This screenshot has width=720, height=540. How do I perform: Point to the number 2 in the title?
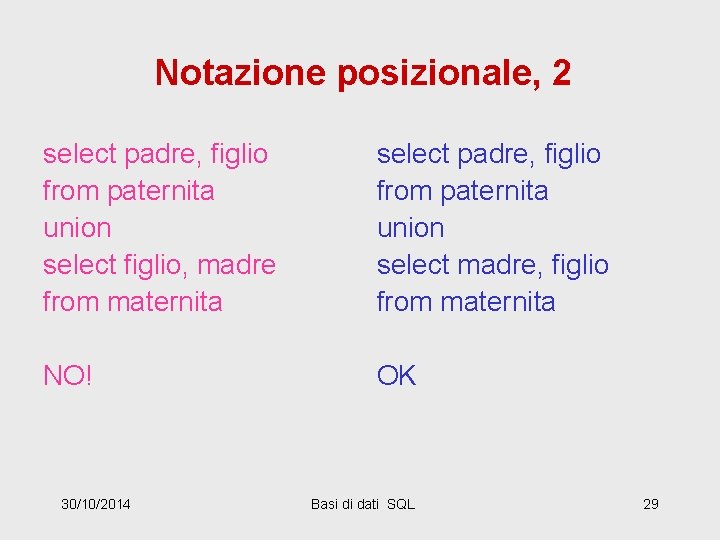click(561, 72)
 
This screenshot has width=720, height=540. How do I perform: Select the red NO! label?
click(67, 375)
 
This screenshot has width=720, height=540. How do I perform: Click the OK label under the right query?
click(396, 375)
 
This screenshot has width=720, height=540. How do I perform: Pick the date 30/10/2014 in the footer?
click(95, 503)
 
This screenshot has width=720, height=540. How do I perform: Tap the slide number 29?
click(650, 503)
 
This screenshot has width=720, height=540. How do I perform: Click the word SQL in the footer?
click(400, 503)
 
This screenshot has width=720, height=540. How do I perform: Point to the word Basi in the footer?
click(326, 503)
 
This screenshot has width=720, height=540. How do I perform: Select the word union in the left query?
click(77, 228)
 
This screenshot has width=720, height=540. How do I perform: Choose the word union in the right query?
click(410, 228)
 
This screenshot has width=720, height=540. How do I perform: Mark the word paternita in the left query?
click(161, 191)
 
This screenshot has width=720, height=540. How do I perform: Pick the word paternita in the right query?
click(494, 191)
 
